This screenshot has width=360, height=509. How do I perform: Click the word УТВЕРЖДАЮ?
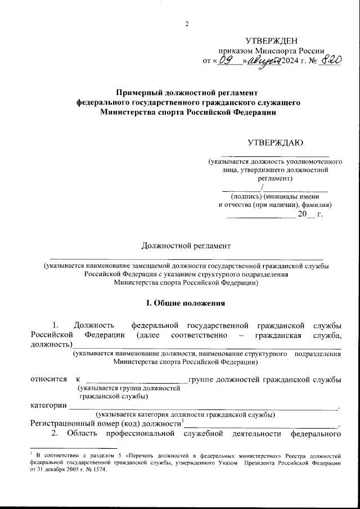(276, 143)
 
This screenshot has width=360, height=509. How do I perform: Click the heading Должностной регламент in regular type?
(186, 245)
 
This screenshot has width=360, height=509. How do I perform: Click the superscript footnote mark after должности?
(183, 420)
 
